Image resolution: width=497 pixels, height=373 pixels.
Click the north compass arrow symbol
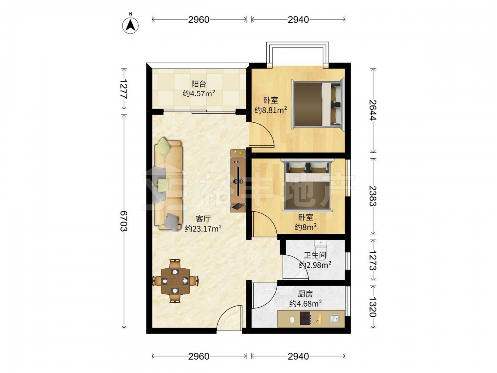[x=130, y=25]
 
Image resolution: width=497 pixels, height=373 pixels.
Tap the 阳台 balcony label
[x=199, y=84]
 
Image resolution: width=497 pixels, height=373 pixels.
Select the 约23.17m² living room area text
[x=203, y=228]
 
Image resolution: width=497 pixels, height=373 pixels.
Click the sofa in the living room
[x=168, y=184]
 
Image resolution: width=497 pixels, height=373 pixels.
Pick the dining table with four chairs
[x=175, y=280]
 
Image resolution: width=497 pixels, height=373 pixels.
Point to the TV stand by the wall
[x=238, y=181]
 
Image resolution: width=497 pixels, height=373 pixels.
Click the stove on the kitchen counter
[x=305, y=318]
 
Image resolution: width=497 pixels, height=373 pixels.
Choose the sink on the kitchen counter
[x=334, y=319]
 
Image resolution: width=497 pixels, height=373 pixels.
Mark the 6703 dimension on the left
[x=124, y=221]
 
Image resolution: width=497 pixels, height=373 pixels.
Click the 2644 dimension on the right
[x=373, y=110]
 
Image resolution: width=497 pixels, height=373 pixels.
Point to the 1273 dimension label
[x=373, y=260]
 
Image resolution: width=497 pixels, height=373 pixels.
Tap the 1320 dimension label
[x=373, y=307]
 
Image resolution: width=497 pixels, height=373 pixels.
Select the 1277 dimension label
[x=124, y=89]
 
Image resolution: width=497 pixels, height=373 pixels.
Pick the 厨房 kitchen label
[x=305, y=294]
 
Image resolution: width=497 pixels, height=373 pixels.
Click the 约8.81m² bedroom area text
[x=271, y=110]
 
